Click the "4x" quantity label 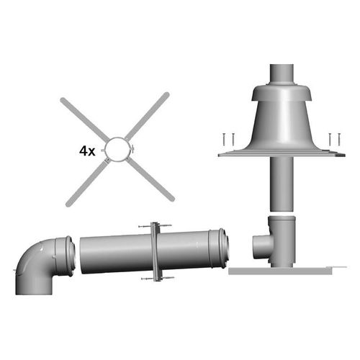pyautogui.click(x=88, y=152)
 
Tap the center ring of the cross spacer pyautogui.click(x=115, y=150)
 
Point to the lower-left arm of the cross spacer pyautogui.click(x=81, y=186)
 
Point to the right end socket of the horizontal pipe pyautogui.click(x=219, y=248)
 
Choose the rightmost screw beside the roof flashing pyautogui.click(x=337, y=139)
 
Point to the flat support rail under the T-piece pyautogui.click(x=281, y=271)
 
